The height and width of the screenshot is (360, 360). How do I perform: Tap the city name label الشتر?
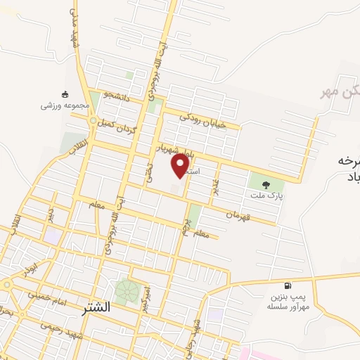[x=96, y=308]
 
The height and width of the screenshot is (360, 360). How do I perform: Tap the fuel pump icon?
[x=287, y=285]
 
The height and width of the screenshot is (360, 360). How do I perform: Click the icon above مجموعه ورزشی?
[x=65, y=94]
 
